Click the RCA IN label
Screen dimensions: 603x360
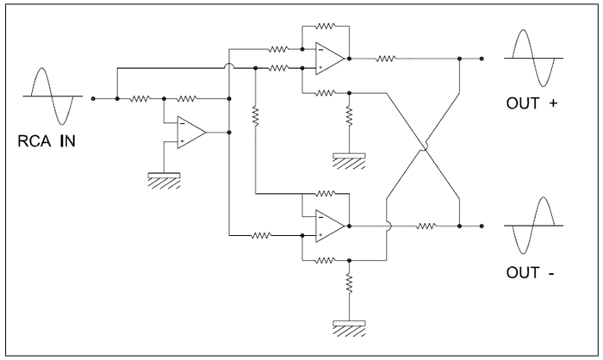[x=47, y=141]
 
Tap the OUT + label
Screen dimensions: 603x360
[x=532, y=103]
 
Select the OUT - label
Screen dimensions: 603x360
[x=531, y=272]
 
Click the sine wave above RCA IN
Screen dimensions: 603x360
[x=53, y=96]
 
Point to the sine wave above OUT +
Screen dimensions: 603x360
[x=533, y=58]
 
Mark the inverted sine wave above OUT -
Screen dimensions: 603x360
[x=533, y=226]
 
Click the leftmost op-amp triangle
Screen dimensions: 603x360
[x=191, y=133]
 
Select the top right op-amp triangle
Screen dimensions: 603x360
[x=330, y=59]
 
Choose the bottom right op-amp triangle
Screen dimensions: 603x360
[x=330, y=227]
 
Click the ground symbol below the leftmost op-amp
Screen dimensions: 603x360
[x=165, y=180]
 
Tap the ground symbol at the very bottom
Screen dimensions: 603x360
[x=349, y=328]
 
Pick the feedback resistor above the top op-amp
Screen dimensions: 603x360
[x=326, y=26]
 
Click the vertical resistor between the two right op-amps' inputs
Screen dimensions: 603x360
[x=255, y=115]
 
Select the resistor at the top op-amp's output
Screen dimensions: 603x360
[x=385, y=59]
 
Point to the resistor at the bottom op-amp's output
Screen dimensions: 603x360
[x=426, y=226]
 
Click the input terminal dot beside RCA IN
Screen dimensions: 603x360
[x=93, y=99]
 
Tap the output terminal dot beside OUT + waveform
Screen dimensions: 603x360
[x=482, y=59]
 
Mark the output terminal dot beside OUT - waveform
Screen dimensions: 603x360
[x=482, y=227]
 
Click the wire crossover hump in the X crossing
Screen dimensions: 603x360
[x=424, y=146]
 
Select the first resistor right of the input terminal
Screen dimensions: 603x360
[x=140, y=99]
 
